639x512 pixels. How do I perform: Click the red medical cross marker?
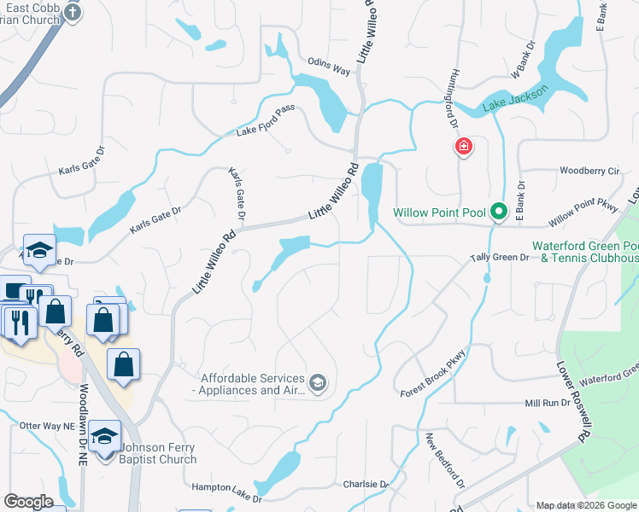pyautogui.click(x=464, y=148)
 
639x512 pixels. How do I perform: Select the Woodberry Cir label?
pyautogui.click(x=589, y=171)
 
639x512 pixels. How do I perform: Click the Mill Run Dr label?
pyautogui.click(x=546, y=403)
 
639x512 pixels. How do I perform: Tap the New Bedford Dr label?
pyautogui.click(x=445, y=460)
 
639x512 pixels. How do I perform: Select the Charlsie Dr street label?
pyautogui.click(x=366, y=484)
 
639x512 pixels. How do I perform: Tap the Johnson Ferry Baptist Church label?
pyautogui.click(x=158, y=452)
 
